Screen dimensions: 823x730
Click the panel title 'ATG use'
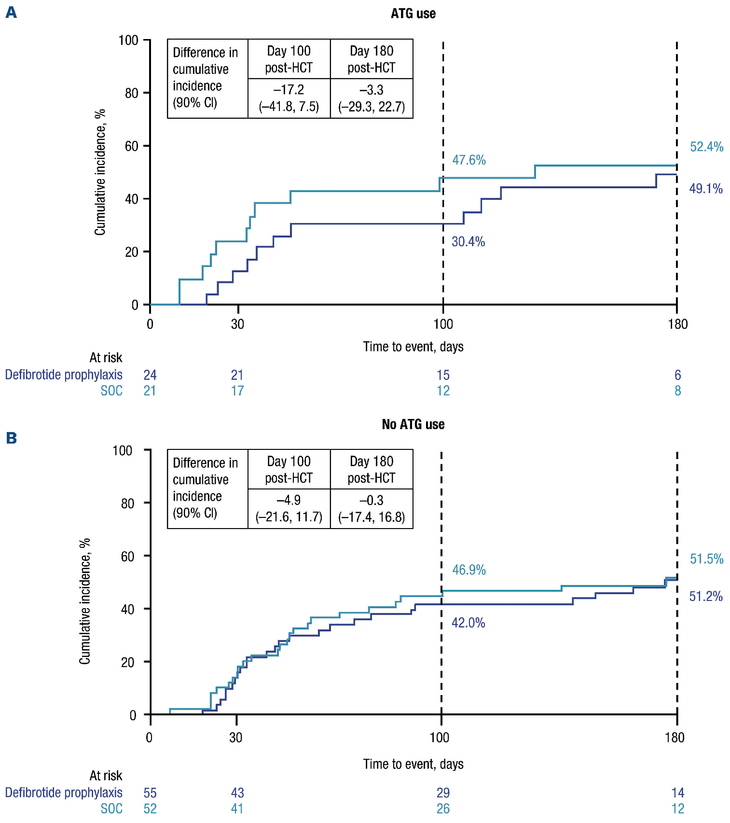(413, 14)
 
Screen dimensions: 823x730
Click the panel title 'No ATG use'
(413, 424)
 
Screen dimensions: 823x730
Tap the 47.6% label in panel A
(468, 160)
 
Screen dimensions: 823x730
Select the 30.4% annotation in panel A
(468, 242)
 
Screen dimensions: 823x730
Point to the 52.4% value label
(706, 147)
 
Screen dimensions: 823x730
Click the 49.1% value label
(705, 189)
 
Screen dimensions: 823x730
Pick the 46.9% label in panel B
(468, 570)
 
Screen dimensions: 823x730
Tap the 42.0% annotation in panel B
(468, 623)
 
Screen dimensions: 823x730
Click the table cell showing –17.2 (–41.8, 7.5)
(289, 98)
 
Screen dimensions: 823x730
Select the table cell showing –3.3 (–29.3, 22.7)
(372, 98)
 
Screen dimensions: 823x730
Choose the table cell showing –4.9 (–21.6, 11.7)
(289, 509)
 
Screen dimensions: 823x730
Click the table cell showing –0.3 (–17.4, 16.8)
(372, 509)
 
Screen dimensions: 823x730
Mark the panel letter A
(11, 13)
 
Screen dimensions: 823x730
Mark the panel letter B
(11, 438)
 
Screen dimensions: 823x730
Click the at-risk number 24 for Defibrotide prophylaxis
(150, 375)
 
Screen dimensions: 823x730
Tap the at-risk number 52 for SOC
(150, 809)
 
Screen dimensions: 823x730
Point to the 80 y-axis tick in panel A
(132, 93)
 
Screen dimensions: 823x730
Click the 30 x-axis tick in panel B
(236, 738)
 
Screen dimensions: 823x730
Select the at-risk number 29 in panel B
(443, 793)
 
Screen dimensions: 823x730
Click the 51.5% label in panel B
(706, 559)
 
